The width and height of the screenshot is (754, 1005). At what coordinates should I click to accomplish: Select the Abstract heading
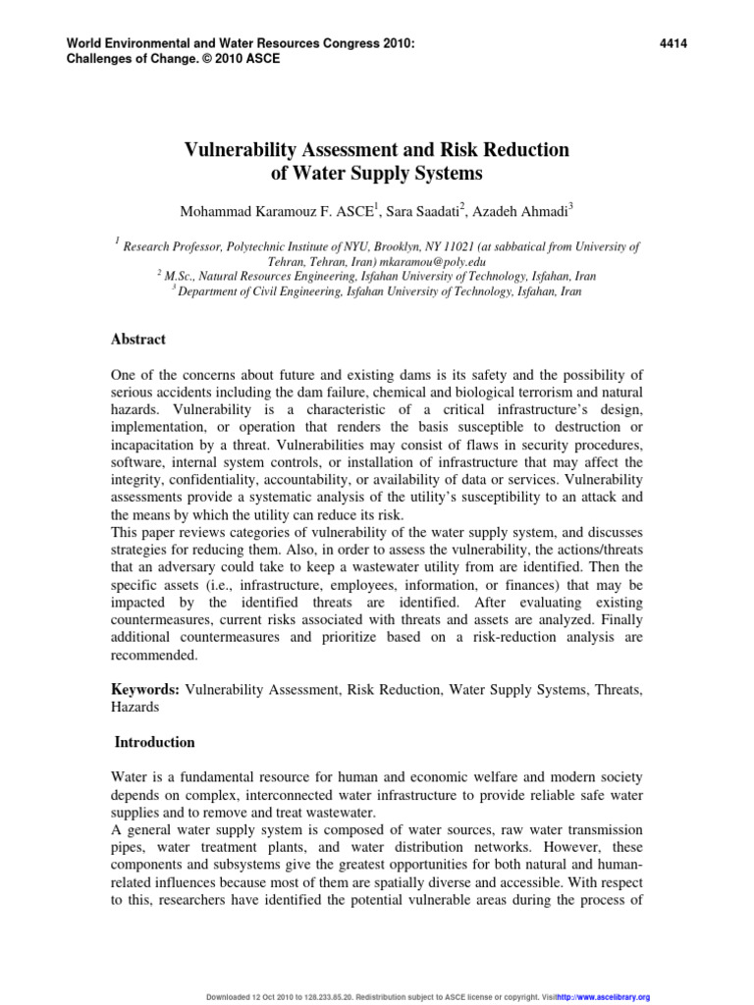[x=137, y=340]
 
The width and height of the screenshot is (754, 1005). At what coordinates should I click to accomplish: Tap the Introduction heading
[x=155, y=742]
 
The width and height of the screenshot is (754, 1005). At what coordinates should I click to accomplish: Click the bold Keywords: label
[x=144, y=690]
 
